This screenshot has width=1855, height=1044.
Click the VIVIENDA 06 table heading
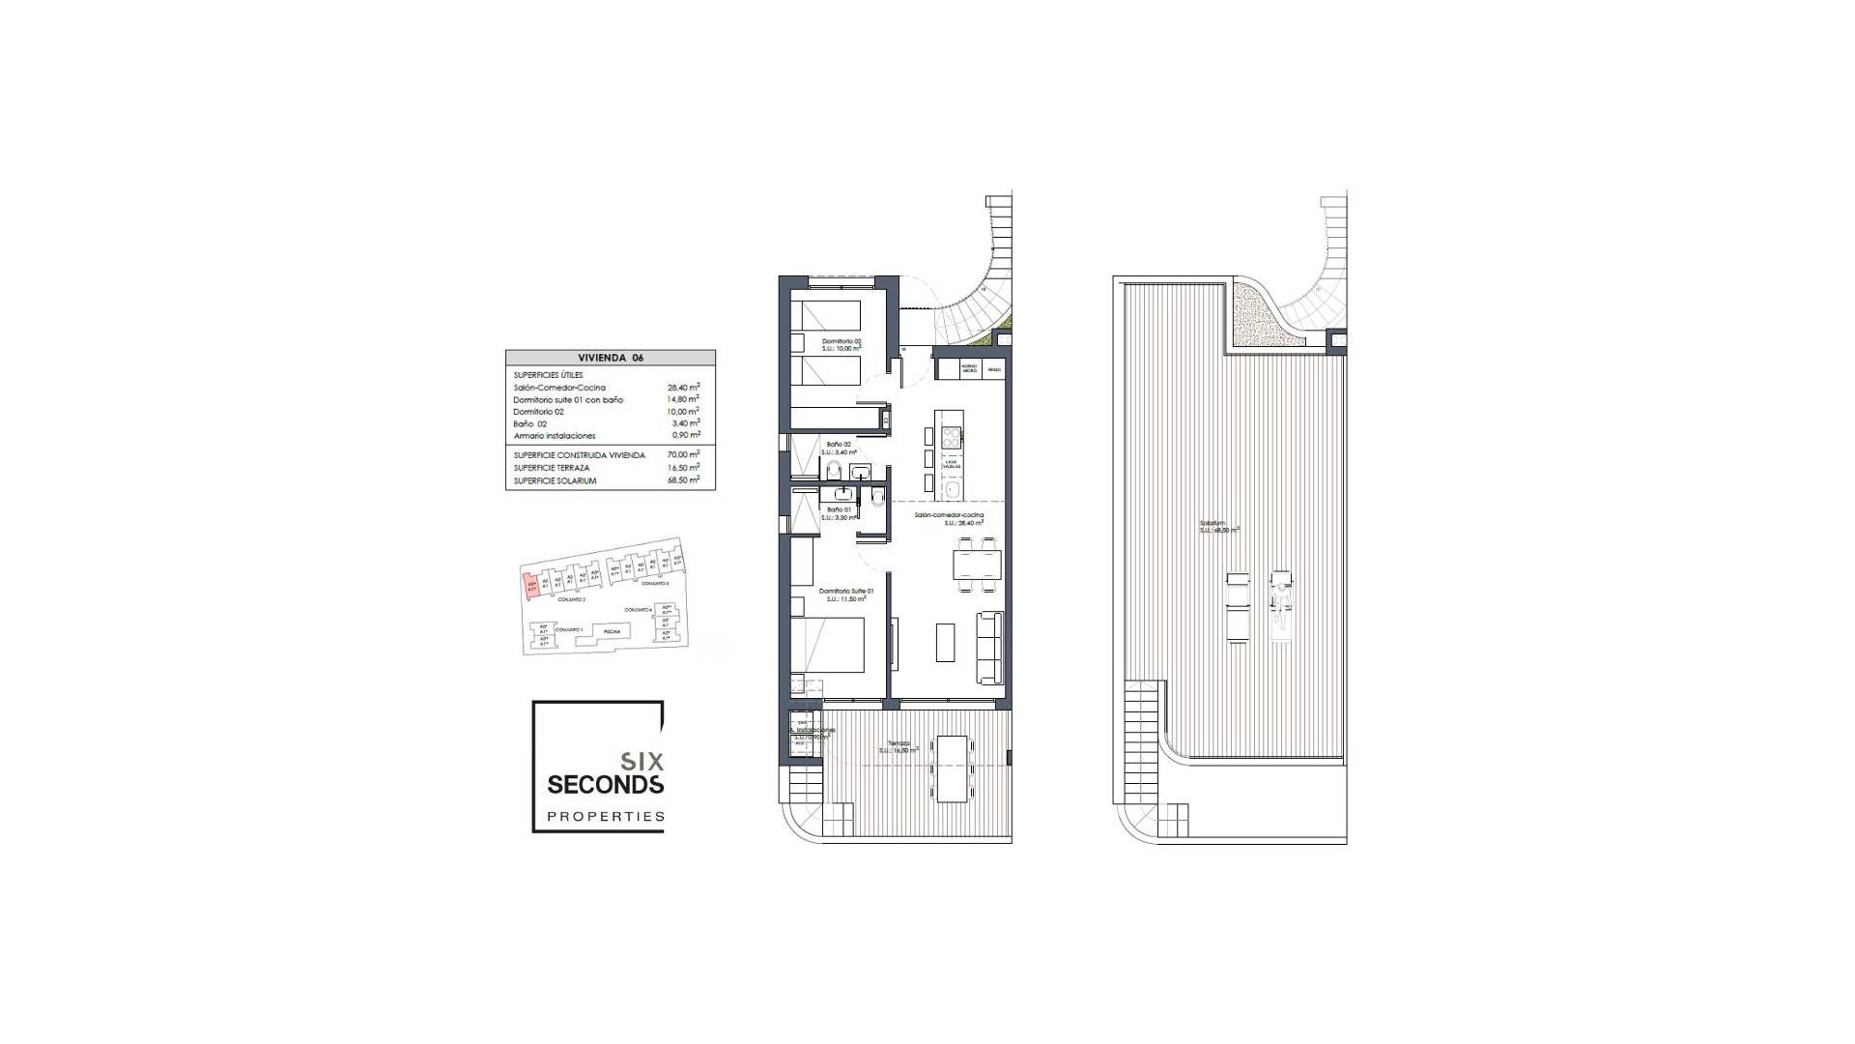click(610, 358)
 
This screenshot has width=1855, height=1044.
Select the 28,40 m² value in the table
click(683, 387)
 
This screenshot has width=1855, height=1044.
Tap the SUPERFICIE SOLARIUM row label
click(555, 480)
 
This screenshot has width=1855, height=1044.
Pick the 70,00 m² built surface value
click(683, 454)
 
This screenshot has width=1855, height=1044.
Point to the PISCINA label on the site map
click(612, 631)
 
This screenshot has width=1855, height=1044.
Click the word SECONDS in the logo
click(605, 784)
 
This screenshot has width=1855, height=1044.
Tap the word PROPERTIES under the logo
click(606, 817)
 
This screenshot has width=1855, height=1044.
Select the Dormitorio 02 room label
click(841, 341)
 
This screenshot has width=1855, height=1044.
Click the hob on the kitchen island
click(950, 438)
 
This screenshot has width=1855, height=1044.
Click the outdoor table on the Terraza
click(951, 768)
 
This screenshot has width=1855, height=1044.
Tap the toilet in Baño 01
click(875, 499)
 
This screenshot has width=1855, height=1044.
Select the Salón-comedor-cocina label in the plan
click(950, 515)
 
